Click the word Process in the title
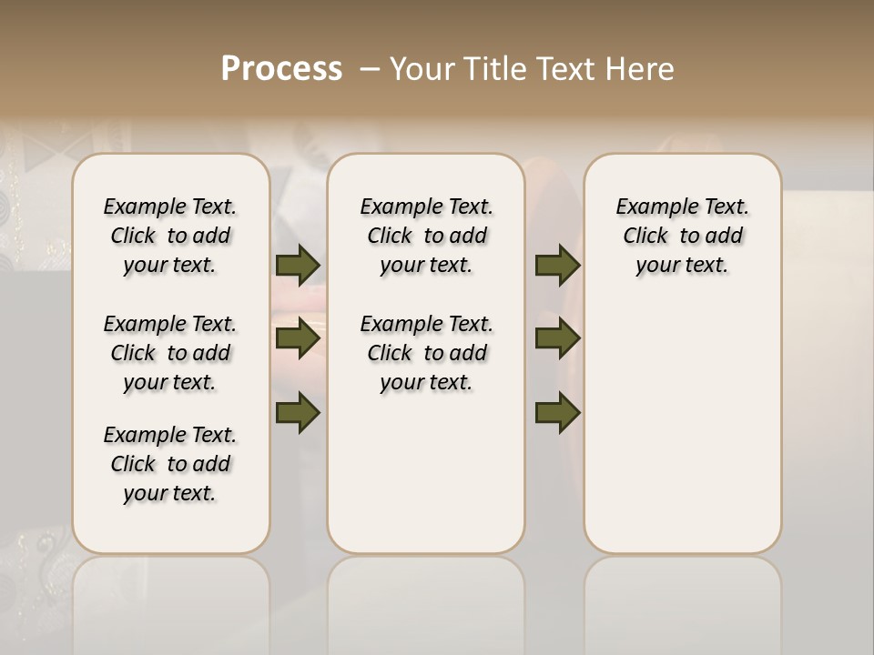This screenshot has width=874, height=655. [281, 69]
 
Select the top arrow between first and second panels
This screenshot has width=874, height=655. [298, 265]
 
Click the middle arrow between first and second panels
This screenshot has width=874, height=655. [298, 338]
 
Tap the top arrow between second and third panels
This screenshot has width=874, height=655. [557, 265]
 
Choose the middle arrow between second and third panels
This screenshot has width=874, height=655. [557, 338]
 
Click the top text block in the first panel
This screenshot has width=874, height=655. [170, 236]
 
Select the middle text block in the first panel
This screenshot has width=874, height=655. [170, 353]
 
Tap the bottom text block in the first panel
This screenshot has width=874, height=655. [170, 464]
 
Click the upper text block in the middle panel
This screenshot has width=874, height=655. [426, 236]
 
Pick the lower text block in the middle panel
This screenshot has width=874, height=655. [426, 353]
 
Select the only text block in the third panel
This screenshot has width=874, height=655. [683, 236]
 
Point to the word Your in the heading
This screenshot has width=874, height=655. [423, 69]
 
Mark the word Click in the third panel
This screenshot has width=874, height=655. [645, 237]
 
